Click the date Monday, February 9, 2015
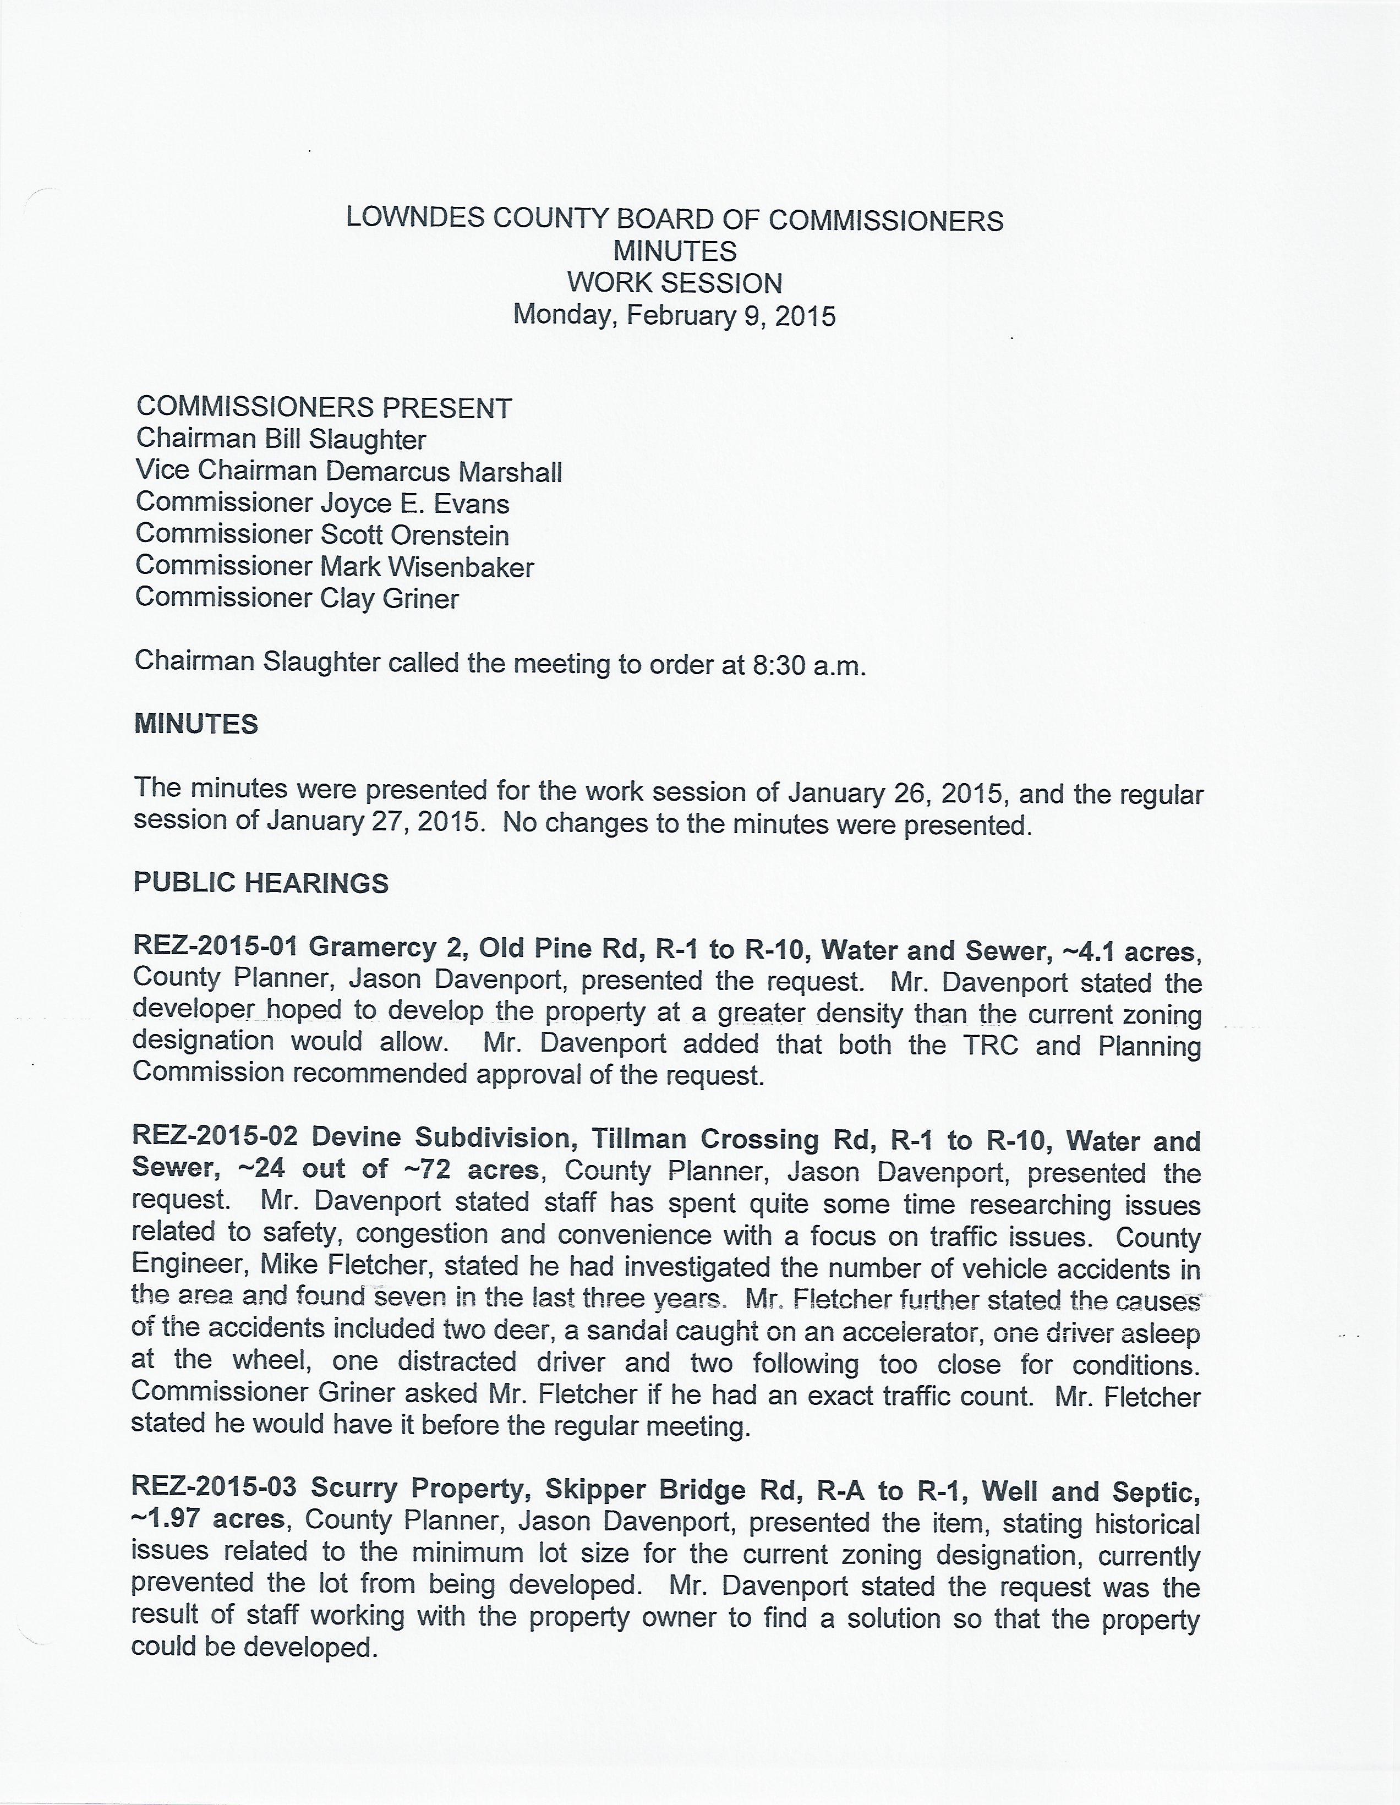674,315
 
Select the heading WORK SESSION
674,283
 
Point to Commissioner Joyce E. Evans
322,504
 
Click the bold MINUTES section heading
196,724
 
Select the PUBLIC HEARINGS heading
261,883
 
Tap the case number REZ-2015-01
215,947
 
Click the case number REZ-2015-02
215,1137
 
